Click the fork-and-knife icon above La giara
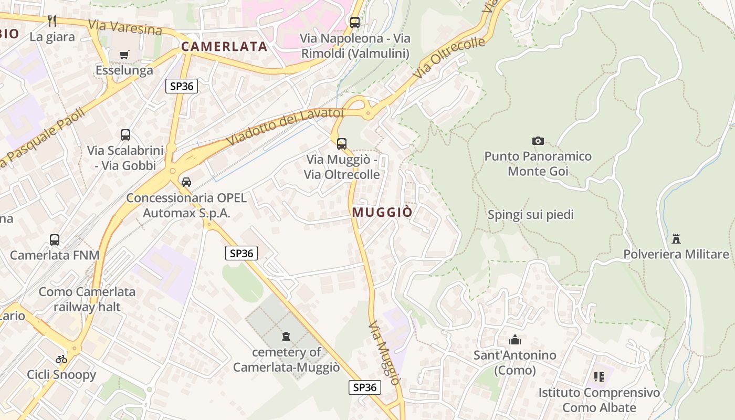tap(52, 21)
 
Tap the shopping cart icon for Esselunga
tap(124, 55)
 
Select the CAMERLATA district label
tap(224, 46)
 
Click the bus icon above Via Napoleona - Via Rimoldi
tap(355, 23)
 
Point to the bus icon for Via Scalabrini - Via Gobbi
tap(125, 135)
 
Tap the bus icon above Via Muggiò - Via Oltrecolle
tap(342, 143)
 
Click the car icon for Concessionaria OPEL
tap(186, 182)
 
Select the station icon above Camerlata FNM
tap(55, 240)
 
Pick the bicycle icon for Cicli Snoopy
tap(61, 360)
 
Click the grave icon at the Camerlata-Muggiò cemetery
tap(286, 336)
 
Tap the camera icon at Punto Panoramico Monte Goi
tap(538, 141)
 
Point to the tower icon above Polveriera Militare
tap(676, 239)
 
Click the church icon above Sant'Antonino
tap(515, 340)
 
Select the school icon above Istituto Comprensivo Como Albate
tap(599, 377)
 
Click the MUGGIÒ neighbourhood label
tap(382, 212)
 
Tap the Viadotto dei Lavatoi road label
tap(285, 128)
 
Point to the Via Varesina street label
tap(125, 27)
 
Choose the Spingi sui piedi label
tap(531, 215)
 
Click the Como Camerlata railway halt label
tap(87, 299)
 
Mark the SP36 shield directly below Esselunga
tap(182, 86)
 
